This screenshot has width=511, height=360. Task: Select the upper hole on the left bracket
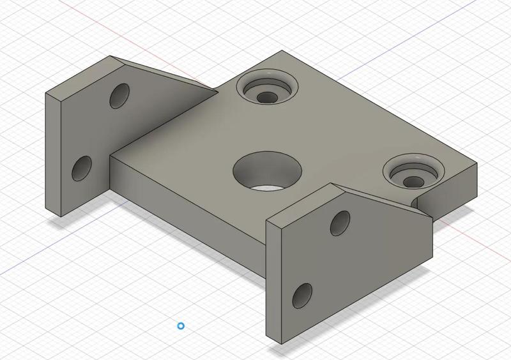coord(119,95)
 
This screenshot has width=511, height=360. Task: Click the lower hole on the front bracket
coord(301,295)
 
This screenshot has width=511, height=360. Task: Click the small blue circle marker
coord(181,326)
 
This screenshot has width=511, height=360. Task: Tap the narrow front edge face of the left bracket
coord(54,153)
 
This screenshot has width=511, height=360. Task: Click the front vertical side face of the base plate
coord(185,198)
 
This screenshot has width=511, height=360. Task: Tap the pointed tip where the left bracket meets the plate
coord(217,91)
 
